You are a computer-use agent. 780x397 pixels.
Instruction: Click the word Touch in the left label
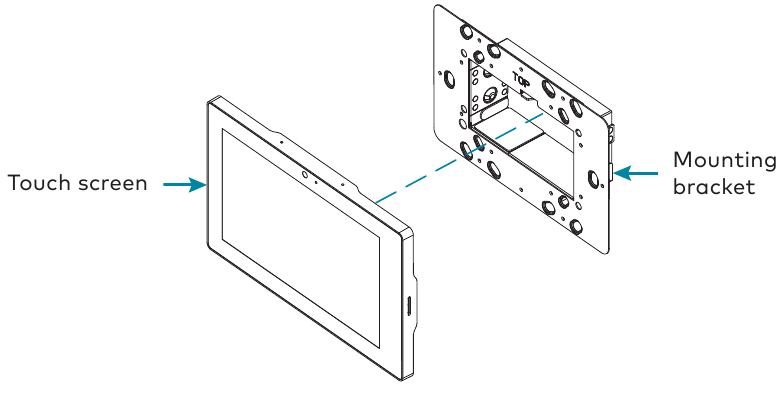pos(36,183)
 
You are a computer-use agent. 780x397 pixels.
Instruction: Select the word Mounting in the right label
pos(723,160)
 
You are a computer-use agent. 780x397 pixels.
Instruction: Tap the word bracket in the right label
pos(714,187)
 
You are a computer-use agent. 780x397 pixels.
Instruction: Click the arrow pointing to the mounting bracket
pos(635,172)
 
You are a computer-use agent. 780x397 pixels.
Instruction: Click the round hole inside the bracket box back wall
pos(491,96)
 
